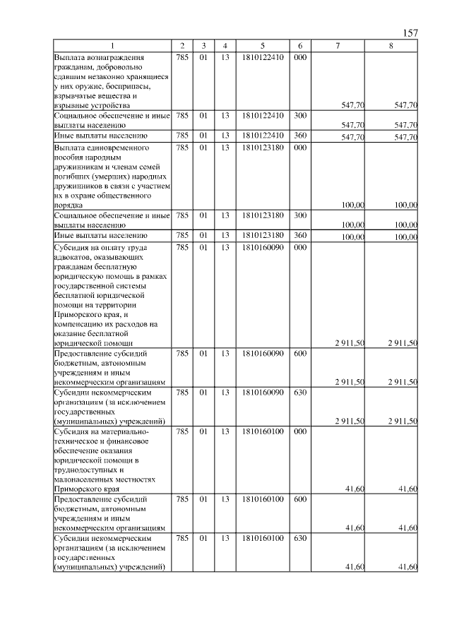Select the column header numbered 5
[262, 47]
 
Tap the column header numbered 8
[391, 47]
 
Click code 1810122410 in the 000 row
[262, 57]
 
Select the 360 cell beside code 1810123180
[300, 235]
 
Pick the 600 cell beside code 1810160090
[300, 352]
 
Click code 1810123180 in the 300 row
[262, 215]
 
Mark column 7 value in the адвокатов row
[349, 343]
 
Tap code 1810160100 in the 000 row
[262, 430]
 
